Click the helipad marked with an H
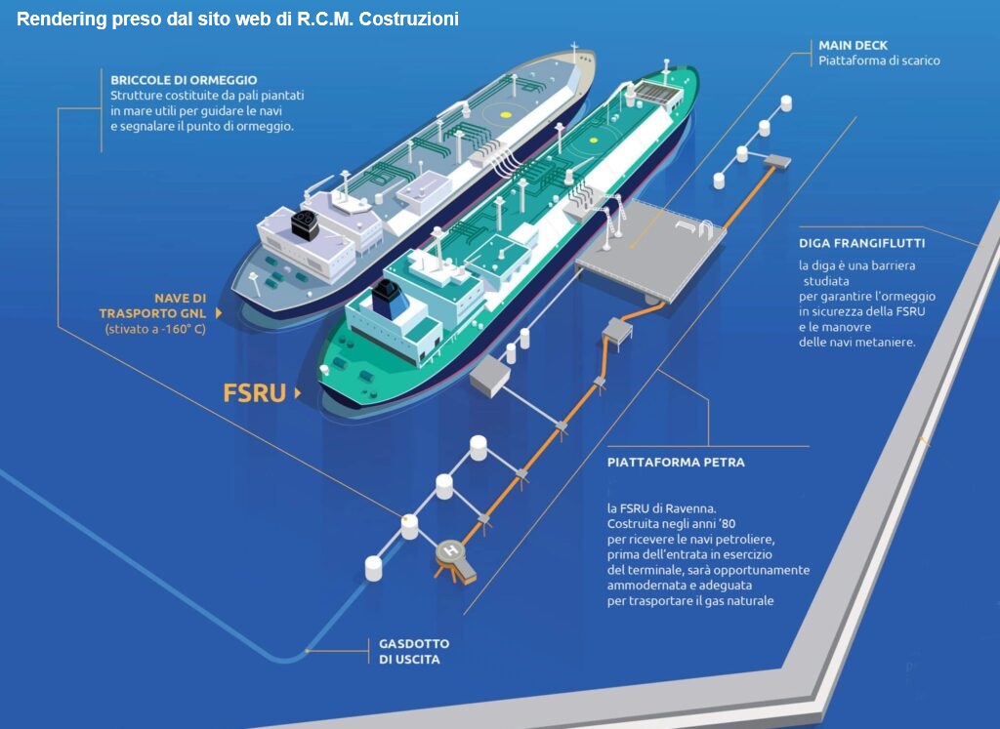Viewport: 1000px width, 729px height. click(451, 552)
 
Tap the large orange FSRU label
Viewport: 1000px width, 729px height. click(254, 392)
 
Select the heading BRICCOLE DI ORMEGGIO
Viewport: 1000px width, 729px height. click(184, 79)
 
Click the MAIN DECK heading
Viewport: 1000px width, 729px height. click(854, 45)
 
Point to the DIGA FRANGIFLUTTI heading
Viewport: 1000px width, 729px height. click(861, 243)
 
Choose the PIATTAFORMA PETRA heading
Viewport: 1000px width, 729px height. click(675, 462)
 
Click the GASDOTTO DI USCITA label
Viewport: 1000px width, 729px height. click(414, 652)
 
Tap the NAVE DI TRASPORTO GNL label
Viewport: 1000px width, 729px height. click(166, 305)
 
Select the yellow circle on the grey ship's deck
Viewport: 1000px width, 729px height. click(505, 113)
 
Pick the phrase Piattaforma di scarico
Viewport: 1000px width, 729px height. click(879, 61)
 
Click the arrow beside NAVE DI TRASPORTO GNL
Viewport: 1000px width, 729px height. click(218, 312)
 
